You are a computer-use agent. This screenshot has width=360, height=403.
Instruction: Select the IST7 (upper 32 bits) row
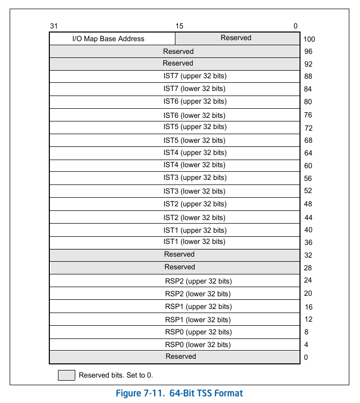(x=195, y=76)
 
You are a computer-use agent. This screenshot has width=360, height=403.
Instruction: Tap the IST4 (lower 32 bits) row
(x=194, y=165)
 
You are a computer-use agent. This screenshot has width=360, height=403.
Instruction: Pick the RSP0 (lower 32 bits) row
(x=198, y=345)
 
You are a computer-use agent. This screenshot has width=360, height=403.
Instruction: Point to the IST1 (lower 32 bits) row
(x=194, y=242)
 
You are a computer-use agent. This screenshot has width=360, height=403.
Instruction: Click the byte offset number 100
(x=309, y=39)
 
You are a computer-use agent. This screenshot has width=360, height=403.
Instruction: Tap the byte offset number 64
(x=308, y=153)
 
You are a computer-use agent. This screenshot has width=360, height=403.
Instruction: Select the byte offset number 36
(x=308, y=243)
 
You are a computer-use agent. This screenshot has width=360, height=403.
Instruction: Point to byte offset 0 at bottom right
(x=306, y=357)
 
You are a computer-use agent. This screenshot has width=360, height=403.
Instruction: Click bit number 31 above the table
(x=54, y=26)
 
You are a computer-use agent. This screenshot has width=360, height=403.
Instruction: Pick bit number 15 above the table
(x=179, y=26)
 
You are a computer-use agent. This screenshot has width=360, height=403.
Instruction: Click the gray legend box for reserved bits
(x=66, y=375)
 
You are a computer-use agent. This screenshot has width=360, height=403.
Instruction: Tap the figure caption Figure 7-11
(x=179, y=393)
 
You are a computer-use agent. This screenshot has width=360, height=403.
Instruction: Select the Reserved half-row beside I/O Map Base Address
(x=236, y=38)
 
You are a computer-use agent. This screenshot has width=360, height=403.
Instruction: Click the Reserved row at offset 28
(x=179, y=267)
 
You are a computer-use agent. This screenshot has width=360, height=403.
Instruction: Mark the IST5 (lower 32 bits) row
(x=194, y=140)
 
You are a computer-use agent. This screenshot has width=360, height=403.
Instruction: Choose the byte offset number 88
(x=308, y=77)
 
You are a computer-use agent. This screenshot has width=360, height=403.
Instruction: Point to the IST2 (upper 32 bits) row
(x=195, y=204)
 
